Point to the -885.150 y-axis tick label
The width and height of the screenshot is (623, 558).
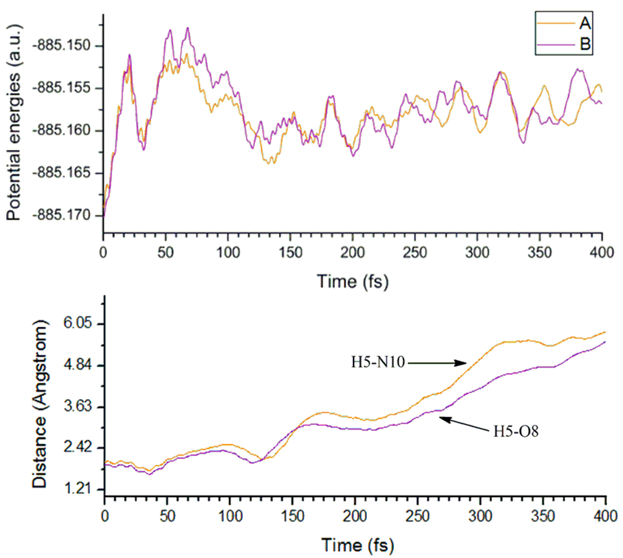(62, 46)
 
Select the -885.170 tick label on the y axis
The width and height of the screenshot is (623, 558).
(62, 215)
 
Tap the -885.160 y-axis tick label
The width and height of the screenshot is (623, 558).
(62, 131)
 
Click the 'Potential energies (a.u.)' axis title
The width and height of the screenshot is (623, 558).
(14, 123)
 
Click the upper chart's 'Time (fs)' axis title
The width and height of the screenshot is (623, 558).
(352, 281)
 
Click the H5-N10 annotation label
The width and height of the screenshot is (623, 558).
(378, 363)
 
